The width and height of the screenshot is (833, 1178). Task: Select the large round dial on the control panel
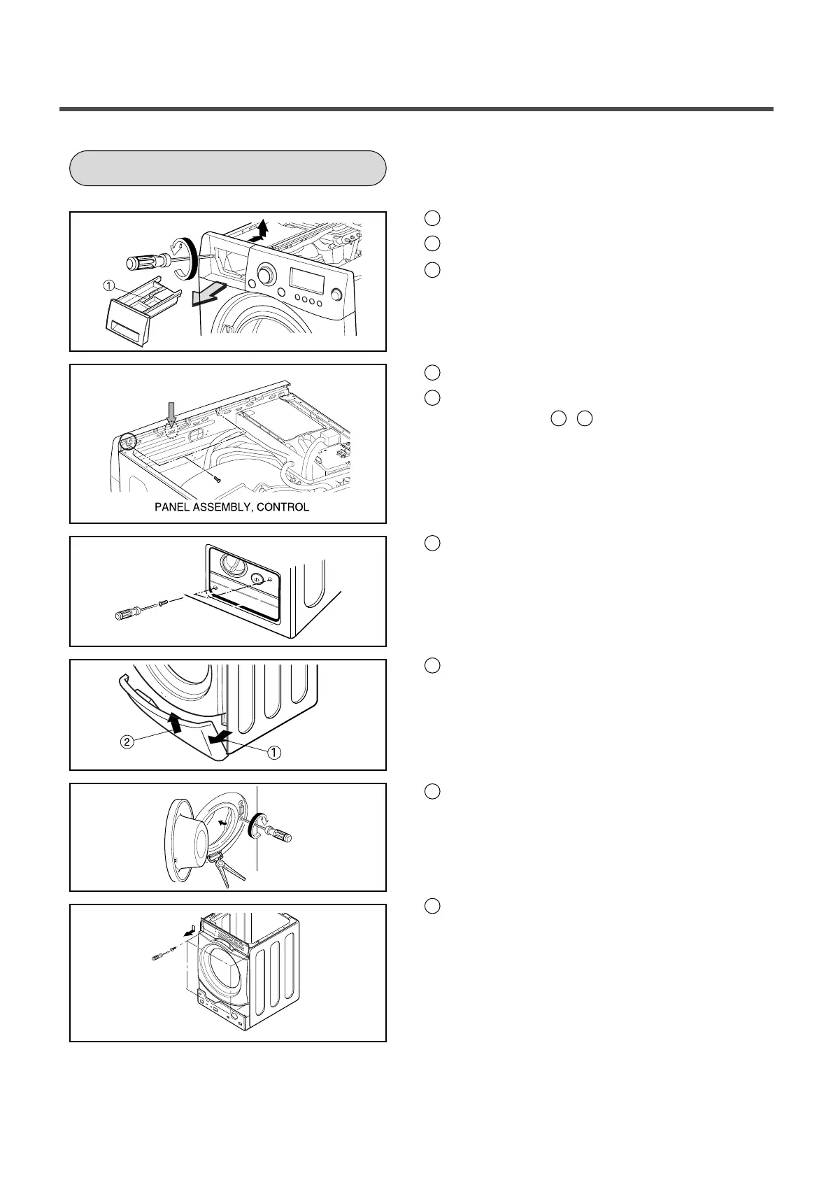[x=265, y=275]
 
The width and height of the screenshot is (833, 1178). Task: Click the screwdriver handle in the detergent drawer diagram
[x=143, y=263]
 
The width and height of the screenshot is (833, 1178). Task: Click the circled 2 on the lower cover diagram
[x=127, y=742]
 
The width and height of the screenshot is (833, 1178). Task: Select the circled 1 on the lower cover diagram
[x=274, y=752]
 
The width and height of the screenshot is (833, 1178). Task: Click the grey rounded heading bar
[x=228, y=168]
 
